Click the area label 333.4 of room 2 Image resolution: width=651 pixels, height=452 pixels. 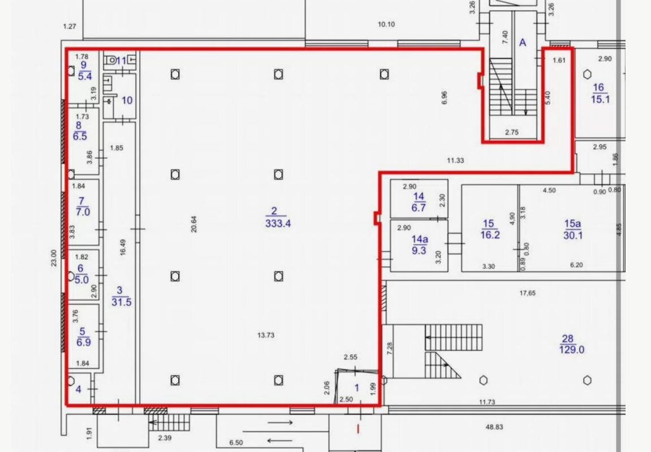tap(278, 224)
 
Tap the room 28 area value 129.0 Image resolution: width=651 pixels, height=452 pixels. tap(572, 350)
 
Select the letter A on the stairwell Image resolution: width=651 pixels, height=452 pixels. tap(523, 42)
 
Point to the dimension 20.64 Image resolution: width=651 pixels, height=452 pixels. tap(194, 224)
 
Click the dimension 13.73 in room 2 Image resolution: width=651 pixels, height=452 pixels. tap(266, 335)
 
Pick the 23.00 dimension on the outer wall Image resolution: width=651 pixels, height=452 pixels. tap(54, 258)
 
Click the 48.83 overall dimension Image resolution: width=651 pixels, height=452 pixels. tap(494, 427)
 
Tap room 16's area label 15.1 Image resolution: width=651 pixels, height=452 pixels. tap(600, 99)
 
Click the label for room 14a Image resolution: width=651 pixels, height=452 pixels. tap(420, 239)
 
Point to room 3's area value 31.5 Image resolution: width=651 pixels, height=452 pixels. tap(121, 302)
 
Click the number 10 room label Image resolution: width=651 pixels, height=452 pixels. tap(127, 101)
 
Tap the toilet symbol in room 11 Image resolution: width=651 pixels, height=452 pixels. tap(111, 60)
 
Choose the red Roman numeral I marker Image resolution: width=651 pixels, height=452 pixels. tap(358, 429)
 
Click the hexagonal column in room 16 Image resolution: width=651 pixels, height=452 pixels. tap(587, 75)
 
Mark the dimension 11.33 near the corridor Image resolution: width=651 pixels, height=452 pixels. tap(455, 160)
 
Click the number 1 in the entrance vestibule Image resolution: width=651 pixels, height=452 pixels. tap(357, 388)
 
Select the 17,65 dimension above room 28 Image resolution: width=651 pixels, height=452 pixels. tap(528, 293)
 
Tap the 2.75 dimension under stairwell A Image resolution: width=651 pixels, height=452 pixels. tap(512, 133)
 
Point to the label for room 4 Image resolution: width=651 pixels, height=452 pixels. tap(79, 389)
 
